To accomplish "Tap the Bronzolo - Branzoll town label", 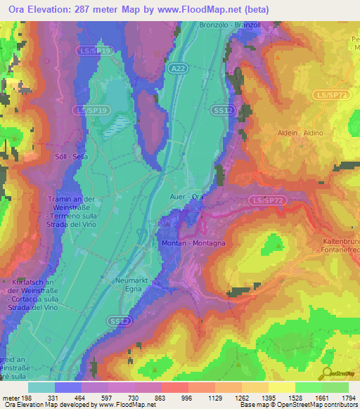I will (229, 25).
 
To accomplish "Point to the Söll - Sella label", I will (71, 157).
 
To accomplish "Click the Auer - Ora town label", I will (187, 197).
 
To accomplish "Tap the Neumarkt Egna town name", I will (129, 284).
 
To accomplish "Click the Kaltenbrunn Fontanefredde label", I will (341, 245).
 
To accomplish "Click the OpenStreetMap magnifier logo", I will (326, 375).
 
